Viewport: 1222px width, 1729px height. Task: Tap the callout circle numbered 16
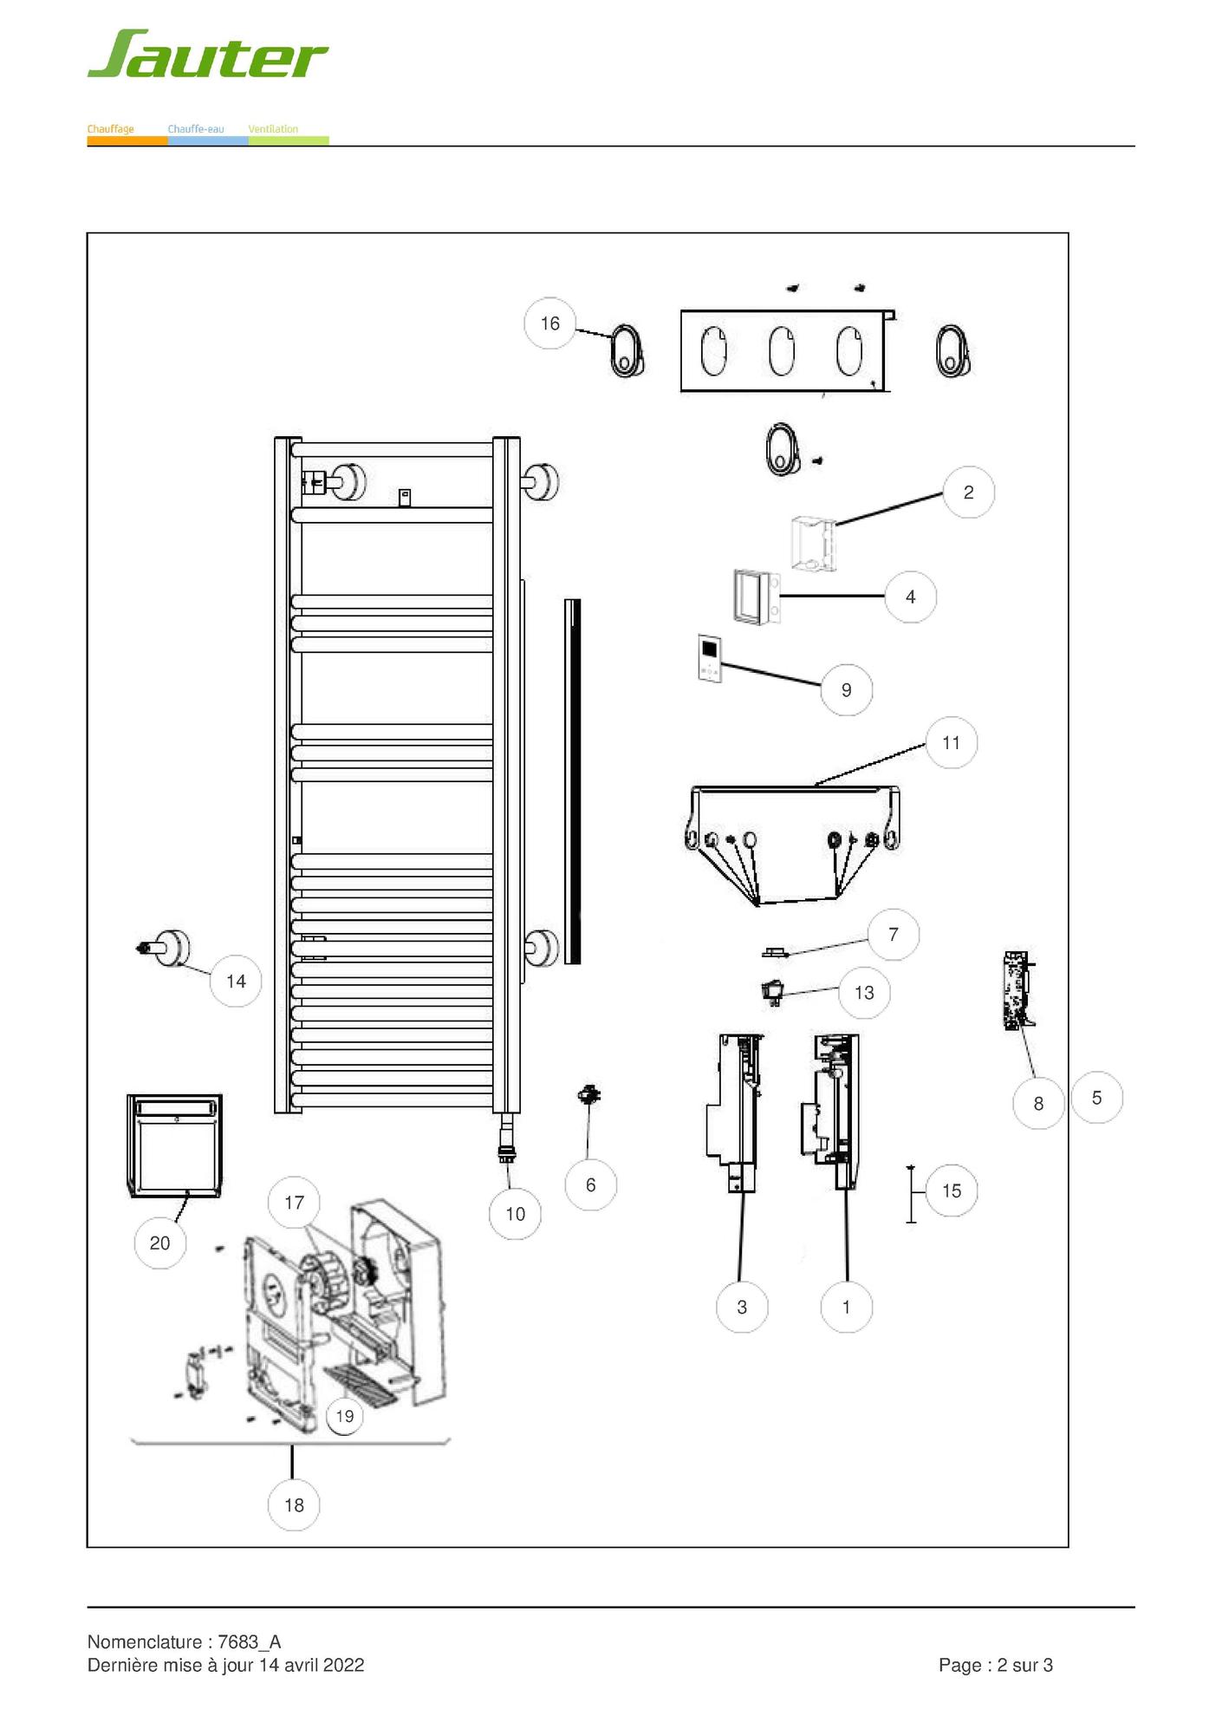[549, 323]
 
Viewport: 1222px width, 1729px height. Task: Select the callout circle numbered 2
[968, 493]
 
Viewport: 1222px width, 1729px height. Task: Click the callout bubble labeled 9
[846, 690]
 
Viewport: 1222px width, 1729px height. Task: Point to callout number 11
[951, 742]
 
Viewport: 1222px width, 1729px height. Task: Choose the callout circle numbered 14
[236, 982]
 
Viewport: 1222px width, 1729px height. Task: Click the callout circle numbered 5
[1096, 1098]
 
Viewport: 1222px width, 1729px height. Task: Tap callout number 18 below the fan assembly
[294, 1505]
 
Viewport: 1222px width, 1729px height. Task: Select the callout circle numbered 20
[159, 1243]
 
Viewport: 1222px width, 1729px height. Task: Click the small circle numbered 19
[344, 1416]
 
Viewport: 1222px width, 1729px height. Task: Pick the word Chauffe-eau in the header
[196, 129]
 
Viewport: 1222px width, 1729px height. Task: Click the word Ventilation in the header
[273, 129]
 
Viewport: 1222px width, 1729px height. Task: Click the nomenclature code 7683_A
[250, 1641]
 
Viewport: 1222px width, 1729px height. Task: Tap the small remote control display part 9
[710, 658]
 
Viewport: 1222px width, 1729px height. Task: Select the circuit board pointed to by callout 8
[1017, 990]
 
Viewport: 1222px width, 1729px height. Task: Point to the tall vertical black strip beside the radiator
[572, 781]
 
